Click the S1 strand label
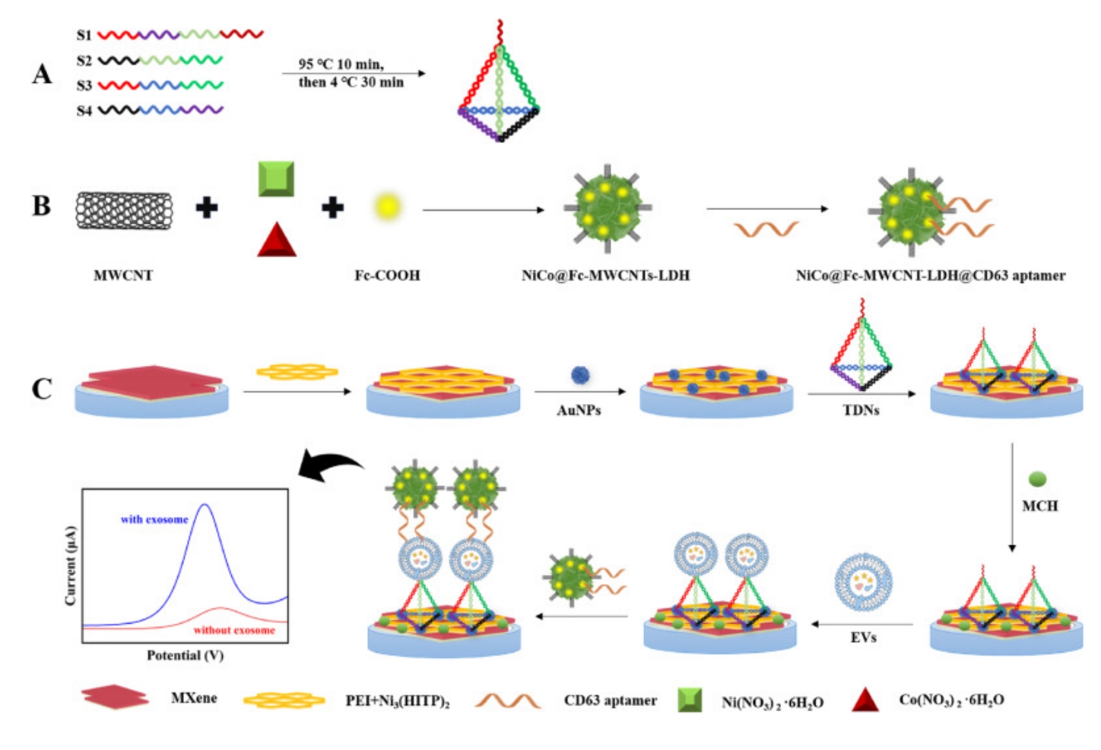coord(84,35)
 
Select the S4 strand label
coord(84,111)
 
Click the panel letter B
coord(41,206)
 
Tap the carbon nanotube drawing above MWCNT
coord(124,210)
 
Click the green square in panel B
coord(276,179)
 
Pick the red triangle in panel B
coord(276,239)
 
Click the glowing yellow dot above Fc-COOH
coord(387,207)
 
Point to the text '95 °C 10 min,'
coord(341,64)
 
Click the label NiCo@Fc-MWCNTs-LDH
coord(605,275)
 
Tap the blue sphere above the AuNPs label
coord(580,375)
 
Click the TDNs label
coord(861,410)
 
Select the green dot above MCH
coord(1037,479)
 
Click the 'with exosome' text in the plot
coord(154,520)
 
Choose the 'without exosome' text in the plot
coord(234,630)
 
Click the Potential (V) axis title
coord(185,655)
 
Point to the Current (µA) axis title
coord(71,565)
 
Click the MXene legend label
coord(194,698)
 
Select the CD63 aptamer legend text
coord(610,701)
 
